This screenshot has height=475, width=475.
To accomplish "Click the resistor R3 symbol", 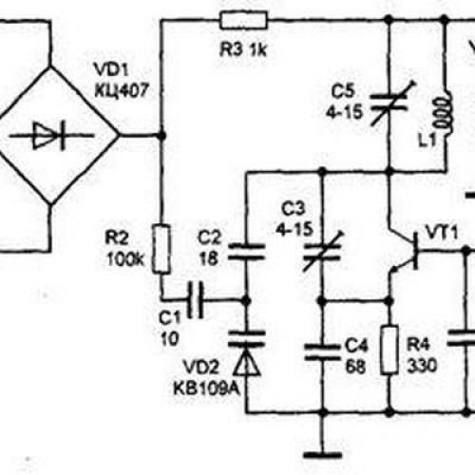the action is [244, 20].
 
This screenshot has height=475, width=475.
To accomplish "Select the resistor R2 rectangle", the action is [161, 249].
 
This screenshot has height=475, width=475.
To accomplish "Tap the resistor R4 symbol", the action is [389, 350].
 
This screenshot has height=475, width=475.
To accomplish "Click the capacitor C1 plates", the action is [196, 299].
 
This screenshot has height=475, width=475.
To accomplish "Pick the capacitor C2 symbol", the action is [247, 252].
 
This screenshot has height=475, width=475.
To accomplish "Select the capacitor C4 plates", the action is [322, 352].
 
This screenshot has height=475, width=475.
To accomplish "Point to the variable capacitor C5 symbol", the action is [389, 103].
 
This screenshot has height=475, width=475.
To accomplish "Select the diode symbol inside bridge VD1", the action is [52, 136].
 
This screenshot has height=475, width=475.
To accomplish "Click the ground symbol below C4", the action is [322, 456].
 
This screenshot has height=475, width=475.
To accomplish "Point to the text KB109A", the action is [206, 389].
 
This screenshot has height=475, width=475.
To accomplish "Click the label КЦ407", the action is [122, 91].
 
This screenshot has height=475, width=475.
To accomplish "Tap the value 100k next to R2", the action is [125, 260].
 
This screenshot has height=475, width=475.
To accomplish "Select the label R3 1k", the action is [243, 49].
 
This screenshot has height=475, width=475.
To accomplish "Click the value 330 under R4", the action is [422, 366].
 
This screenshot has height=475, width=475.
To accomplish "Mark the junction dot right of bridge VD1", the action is [161, 136].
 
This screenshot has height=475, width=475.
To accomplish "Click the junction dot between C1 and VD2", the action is [246, 300].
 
